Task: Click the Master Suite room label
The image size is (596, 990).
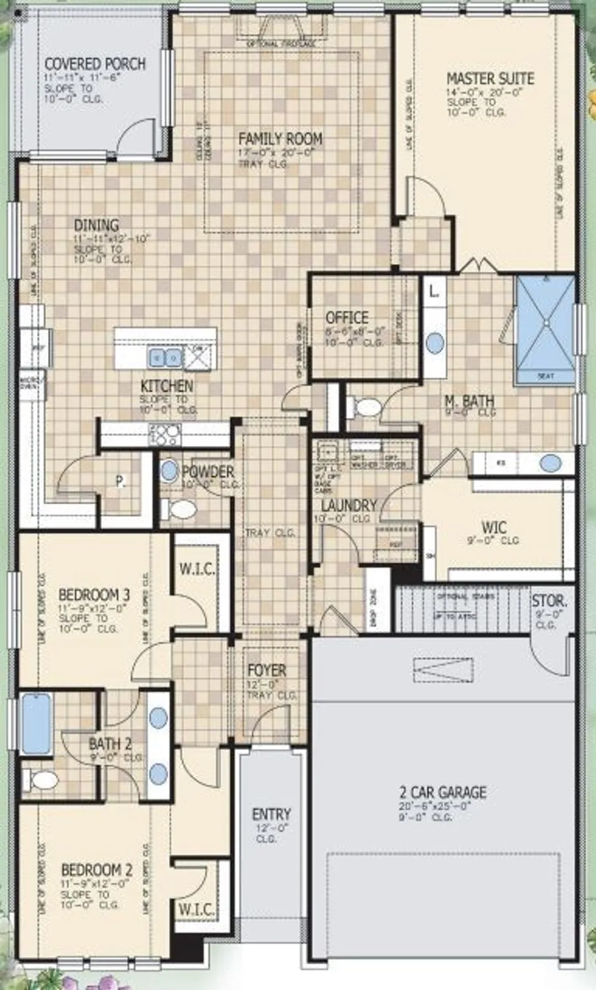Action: click(490, 79)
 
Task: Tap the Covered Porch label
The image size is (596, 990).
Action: click(95, 64)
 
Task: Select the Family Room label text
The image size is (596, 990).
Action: click(280, 139)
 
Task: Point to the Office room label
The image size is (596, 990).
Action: click(347, 317)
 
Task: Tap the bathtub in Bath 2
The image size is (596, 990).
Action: click(36, 723)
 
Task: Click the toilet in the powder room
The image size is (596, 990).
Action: click(180, 510)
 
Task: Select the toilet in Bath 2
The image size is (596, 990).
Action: click(42, 781)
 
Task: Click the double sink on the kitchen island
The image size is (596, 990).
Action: click(165, 358)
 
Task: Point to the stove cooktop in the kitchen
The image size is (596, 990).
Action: click(165, 434)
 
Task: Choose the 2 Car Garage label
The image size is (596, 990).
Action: click(442, 792)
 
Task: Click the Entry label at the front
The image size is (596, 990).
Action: click(271, 814)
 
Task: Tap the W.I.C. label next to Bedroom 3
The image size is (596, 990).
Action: click(197, 569)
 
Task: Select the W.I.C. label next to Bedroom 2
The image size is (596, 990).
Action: click(196, 909)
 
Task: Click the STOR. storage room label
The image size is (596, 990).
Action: click(549, 601)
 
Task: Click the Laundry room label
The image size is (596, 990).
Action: click(349, 506)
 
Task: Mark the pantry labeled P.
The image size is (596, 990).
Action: click(120, 482)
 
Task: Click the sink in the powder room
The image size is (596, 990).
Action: click(169, 471)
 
